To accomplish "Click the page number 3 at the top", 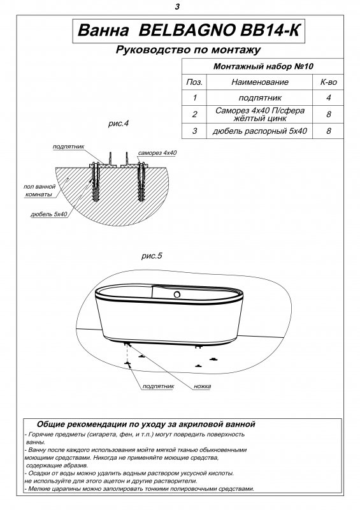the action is tap(177, 6).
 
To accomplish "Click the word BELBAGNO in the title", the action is tap(187, 30).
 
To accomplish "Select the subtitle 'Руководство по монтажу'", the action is tap(189, 50).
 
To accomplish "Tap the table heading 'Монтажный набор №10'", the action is tap(263, 66).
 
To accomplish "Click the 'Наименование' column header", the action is tap(260, 82).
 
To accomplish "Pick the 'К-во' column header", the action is tap(328, 82).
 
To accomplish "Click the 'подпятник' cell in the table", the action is tap(260, 98).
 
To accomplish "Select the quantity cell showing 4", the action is tap(328, 98).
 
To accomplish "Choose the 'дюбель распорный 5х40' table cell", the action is tap(260, 131).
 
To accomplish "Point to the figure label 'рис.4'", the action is tap(119, 124).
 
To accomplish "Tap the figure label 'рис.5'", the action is tap(152, 256).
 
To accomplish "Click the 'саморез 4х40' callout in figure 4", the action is tap(157, 153).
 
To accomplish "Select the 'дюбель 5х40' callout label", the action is tap(49, 214).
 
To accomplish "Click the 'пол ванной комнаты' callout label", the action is tap(40, 190).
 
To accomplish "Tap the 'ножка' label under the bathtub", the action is tap(202, 386).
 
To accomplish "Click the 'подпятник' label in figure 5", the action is tap(159, 386).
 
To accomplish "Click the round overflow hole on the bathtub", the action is tap(177, 295).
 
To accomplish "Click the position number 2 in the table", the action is tap(194, 114).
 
